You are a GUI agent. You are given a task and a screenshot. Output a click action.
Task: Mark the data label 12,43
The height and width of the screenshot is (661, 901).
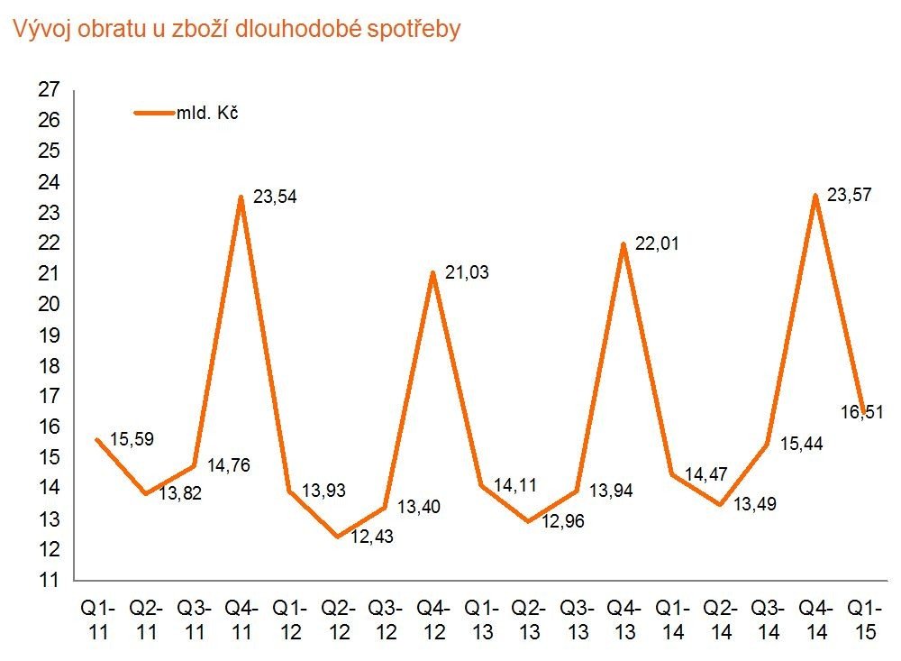(x=372, y=537)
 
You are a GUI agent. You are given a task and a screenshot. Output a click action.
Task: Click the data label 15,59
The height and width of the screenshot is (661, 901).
(x=132, y=440)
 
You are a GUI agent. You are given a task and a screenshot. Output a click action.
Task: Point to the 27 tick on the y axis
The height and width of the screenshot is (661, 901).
(x=50, y=89)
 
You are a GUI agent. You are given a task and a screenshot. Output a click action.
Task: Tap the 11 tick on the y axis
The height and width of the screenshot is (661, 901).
(x=50, y=580)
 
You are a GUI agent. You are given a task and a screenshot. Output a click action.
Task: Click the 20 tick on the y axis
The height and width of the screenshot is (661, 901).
(x=50, y=304)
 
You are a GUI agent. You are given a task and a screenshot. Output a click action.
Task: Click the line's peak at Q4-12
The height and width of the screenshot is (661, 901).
(x=433, y=272)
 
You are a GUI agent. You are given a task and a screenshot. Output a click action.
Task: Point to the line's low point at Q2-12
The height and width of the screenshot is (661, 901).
(x=337, y=537)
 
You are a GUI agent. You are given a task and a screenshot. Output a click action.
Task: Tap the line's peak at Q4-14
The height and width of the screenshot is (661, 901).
(x=816, y=195)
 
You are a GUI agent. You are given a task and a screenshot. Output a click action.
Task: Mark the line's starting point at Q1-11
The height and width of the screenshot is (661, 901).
(x=96, y=439)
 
